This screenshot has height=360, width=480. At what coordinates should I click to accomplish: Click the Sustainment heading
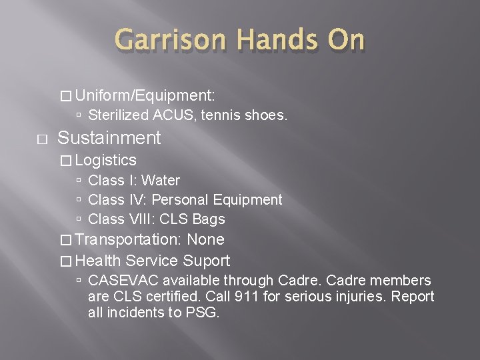109,138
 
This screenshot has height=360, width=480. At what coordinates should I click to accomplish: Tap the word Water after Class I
161,180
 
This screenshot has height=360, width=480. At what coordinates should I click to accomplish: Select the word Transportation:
131,239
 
